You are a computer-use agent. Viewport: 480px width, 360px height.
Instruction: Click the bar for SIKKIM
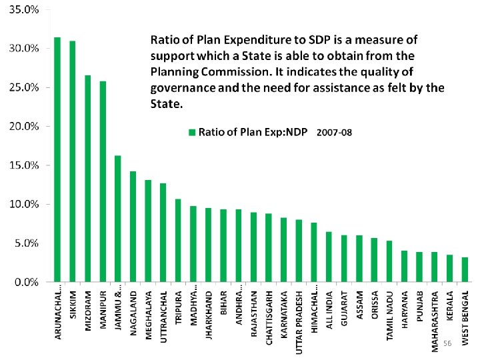(72, 161)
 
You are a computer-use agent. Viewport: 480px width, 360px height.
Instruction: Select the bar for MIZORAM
(87, 179)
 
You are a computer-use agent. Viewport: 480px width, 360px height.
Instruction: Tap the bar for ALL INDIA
(328, 257)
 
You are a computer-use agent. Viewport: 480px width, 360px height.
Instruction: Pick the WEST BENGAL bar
(465, 269)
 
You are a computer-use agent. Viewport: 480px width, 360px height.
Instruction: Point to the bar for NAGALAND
(133, 227)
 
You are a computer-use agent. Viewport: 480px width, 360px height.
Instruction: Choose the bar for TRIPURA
(178, 240)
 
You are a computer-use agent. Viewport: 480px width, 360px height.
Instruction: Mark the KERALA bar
(449, 268)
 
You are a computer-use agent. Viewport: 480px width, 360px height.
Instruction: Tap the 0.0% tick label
(26, 282)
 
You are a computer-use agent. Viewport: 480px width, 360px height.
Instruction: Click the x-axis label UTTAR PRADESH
(299, 321)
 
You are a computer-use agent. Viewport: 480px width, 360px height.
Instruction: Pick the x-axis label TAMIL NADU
(389, 315)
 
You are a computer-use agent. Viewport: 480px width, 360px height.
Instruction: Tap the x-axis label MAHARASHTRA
(434, 319)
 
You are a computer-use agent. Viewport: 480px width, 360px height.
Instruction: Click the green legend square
(191, 132)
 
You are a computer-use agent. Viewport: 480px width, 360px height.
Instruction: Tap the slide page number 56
(447, 343)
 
